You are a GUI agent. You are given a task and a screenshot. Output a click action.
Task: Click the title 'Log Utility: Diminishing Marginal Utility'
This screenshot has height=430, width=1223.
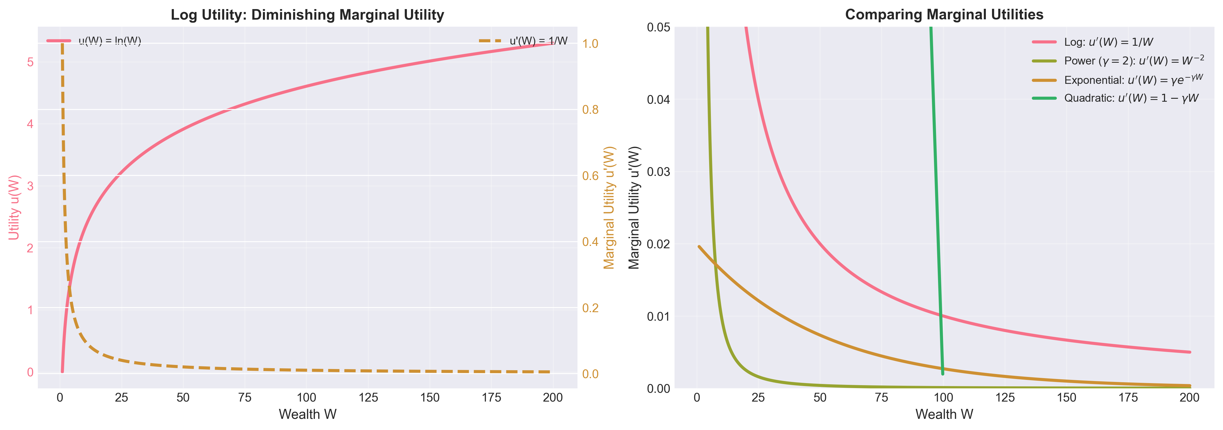[x=307, y=15]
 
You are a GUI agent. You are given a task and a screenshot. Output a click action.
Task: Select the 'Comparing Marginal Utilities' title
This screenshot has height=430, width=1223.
[x=944, y=15]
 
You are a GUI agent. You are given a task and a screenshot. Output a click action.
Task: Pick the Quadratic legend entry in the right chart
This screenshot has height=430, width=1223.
[x=1131, y=98]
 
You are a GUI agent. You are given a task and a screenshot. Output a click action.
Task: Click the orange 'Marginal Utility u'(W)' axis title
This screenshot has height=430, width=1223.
[x=609, y=208]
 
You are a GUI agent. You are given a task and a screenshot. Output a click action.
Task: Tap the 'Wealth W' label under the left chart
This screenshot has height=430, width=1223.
[x=307, y=414]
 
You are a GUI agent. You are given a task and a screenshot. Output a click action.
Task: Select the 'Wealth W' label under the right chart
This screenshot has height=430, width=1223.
[x=944, y=414]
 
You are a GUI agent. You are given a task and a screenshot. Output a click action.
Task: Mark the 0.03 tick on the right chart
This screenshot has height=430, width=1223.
[x=658, y=171]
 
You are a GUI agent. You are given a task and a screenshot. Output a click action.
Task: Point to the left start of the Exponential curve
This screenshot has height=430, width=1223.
[x=699, y=246]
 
